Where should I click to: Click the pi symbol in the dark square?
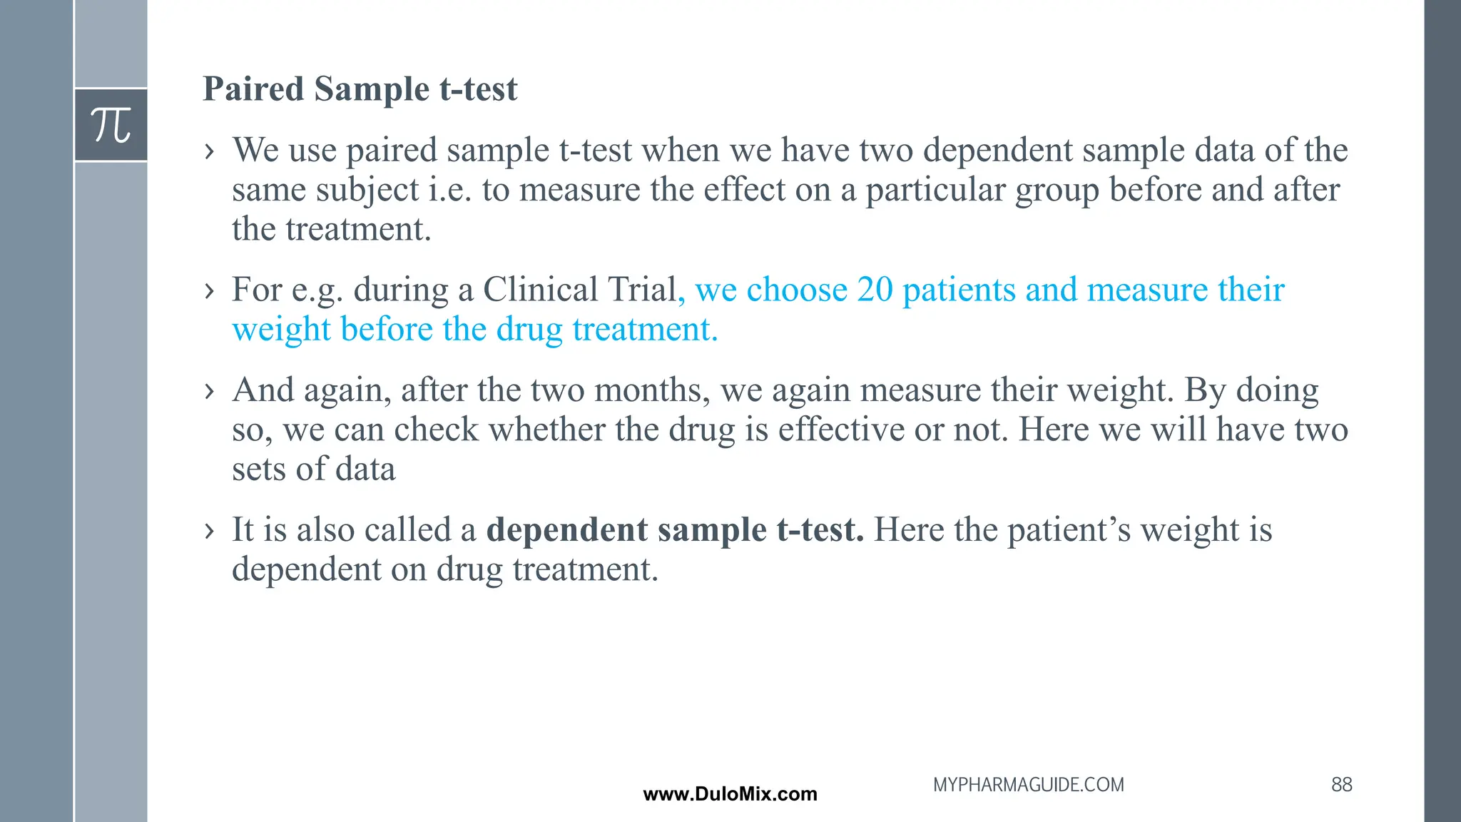pyautogui.click(x=111, y=126)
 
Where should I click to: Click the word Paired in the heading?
pyautogui.click(x=253, y=89)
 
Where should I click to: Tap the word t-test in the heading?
pyautogui.click(x=478, y=89)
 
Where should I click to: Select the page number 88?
pyautogui.click(x=1341, y=784)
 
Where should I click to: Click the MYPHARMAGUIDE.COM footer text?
pyautogui.click(x=1028, y=785)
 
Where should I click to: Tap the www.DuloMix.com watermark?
pyautogui.click(x=730, y=794)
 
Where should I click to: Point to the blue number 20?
pyautogui.click(x=875, y=290)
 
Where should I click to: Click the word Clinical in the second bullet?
pyautogui.click(x=540, y=290)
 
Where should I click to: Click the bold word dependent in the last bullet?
pyautogui.click(x=566, y=530)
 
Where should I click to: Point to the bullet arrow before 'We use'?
pyautogui.click(x=209, y=151)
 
